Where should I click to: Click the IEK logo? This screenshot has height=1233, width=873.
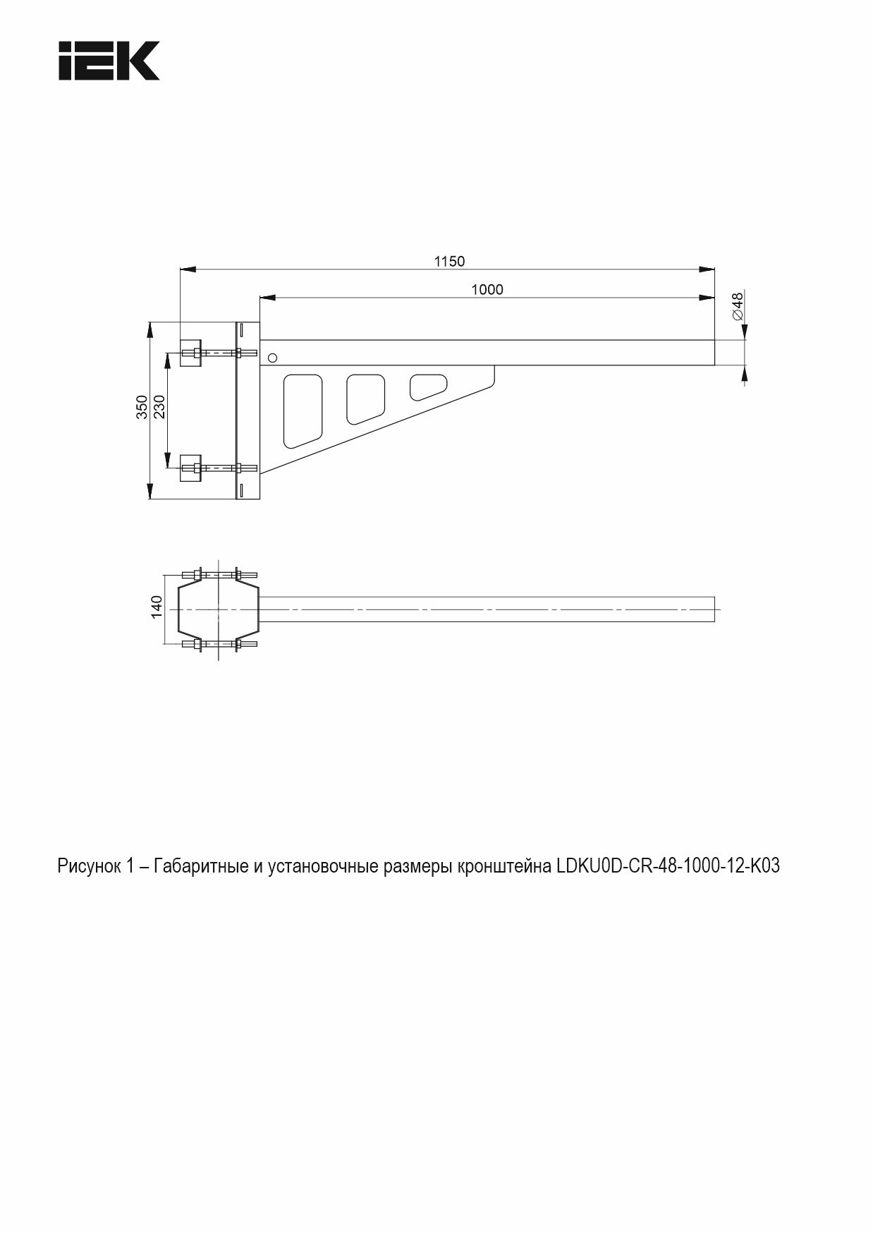(109, 61)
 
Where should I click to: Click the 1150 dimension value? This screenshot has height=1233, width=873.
(449, 262)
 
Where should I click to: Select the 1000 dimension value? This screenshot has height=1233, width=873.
(487, 289)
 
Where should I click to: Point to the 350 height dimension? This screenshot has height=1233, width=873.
(142, 408)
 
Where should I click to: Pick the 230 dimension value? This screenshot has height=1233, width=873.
(159, 408)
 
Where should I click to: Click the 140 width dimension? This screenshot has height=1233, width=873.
(157, 607)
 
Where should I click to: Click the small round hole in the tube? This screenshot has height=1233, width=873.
(273, 358)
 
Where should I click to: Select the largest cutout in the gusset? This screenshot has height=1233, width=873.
(303, 411)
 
